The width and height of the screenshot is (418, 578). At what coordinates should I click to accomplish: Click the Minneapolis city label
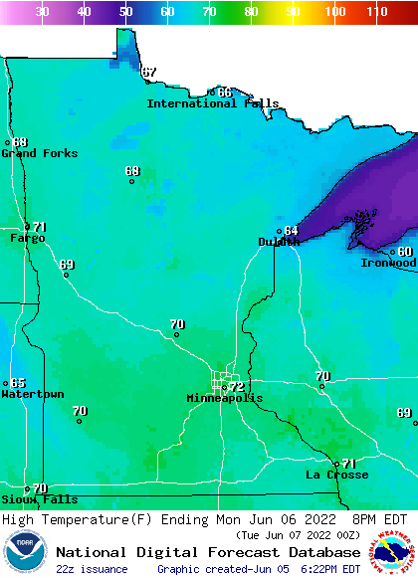[225, 398]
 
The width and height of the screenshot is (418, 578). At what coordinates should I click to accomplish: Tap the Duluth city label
[279, 242]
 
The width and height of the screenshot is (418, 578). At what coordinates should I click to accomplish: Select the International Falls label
[213, 103]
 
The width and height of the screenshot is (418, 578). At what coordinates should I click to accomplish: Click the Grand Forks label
[32, 153]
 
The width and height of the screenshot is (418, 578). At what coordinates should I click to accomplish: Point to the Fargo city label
[27, 239]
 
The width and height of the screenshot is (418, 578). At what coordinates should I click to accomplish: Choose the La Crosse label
[336, 475]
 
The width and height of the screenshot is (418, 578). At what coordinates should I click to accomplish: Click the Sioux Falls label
[39, 499]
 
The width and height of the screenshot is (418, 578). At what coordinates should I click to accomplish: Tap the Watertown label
[32, 395]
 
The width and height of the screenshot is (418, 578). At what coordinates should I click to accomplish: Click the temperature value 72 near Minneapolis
[237, 386]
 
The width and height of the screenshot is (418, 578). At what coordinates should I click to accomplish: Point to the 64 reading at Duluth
[291, 230]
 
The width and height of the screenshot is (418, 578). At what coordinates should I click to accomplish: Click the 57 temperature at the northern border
[149, 72]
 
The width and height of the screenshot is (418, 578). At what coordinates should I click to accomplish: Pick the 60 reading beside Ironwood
[404, 251]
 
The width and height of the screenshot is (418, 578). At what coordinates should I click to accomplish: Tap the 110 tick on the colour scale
[376, 12]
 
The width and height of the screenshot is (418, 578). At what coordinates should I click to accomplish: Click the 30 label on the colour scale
[43, 12]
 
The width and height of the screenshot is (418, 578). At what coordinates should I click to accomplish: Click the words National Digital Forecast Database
[208, 552]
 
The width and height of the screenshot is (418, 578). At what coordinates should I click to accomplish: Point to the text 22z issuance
[92, 569]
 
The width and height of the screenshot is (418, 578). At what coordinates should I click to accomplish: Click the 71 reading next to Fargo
[40, 227]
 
